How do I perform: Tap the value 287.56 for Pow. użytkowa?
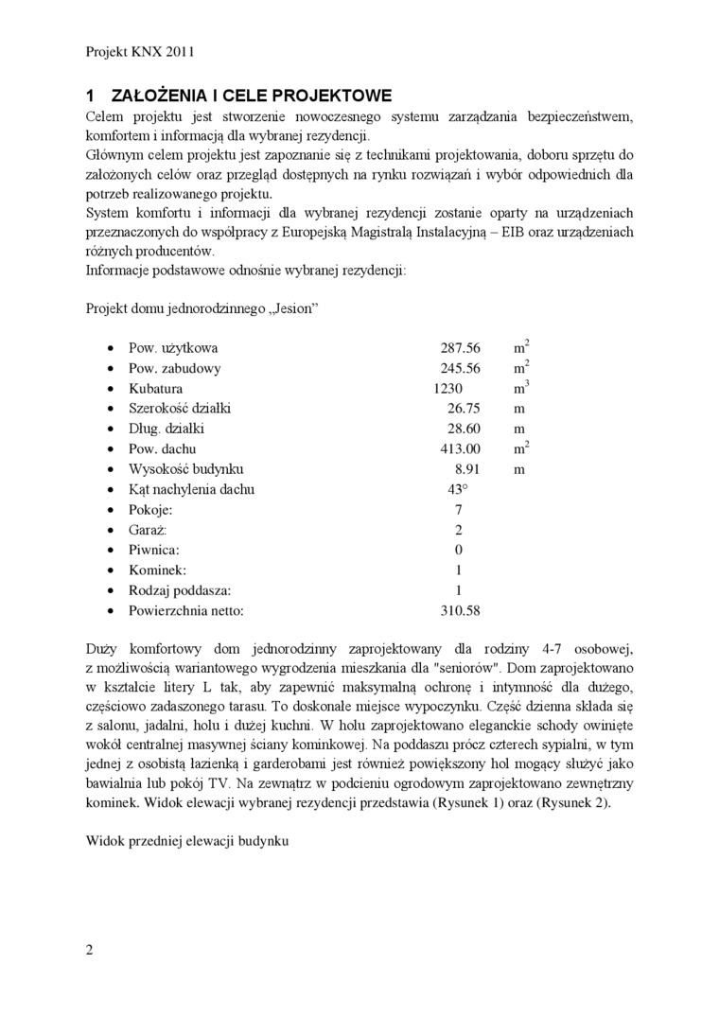461,348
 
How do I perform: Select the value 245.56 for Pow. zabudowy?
461,369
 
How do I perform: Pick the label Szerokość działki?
180,409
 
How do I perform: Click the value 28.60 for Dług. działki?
464,429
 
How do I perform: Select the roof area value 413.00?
461,448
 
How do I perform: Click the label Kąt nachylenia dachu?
191,489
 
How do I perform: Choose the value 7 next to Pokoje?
459,510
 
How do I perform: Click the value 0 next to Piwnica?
459,550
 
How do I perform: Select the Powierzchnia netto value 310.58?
461,611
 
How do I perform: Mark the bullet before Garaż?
112,530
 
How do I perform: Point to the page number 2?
90,951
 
